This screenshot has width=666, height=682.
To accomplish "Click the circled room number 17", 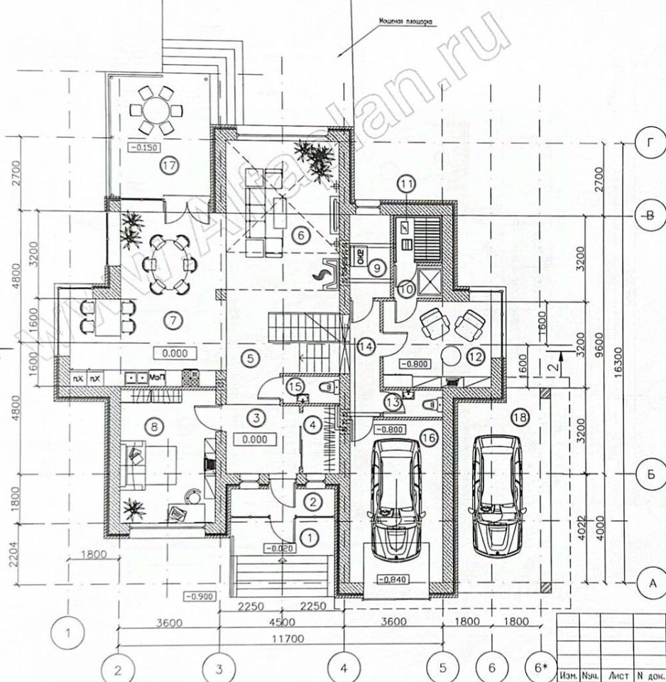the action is [x=168, y=166].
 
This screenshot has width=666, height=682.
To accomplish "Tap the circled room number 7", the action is [x=173, y=320].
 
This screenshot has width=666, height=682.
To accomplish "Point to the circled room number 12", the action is [x=475, y=355].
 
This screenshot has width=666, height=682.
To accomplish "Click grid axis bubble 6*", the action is [x=541, y=667].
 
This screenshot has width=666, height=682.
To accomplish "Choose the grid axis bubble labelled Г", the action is [x=649, y=143].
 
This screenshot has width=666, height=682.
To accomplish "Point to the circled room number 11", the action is [x=405, y=186].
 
